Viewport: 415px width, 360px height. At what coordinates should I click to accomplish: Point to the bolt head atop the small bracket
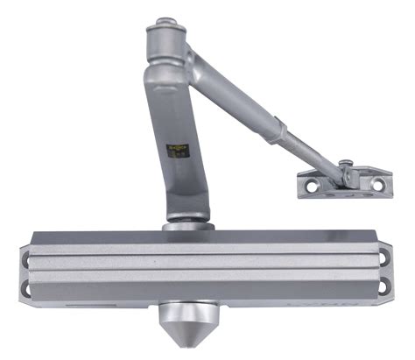point(347,164)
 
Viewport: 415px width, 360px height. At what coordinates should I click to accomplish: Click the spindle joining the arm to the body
point(187,223)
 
